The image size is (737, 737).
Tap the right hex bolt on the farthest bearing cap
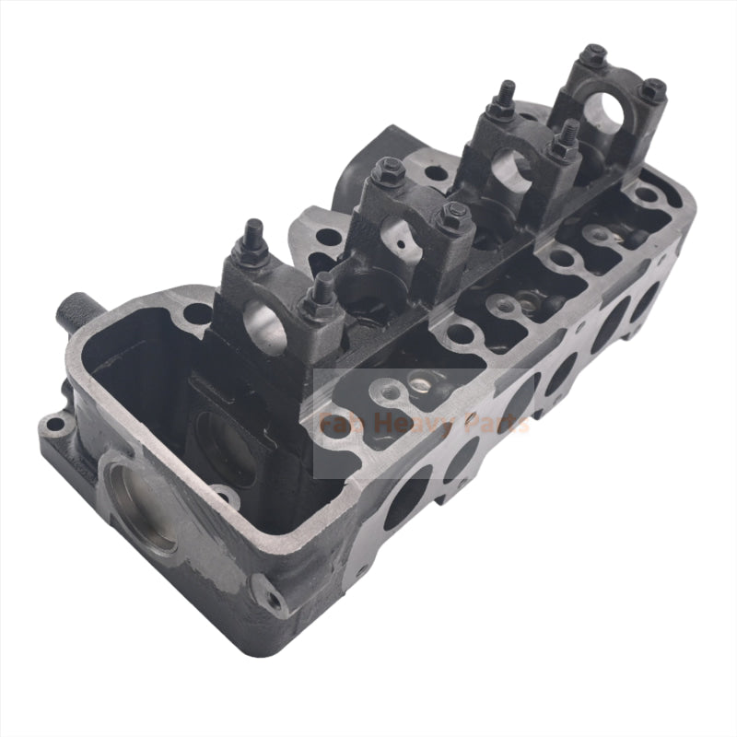pos(652,89)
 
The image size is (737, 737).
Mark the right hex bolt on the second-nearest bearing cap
pos(453,216)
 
